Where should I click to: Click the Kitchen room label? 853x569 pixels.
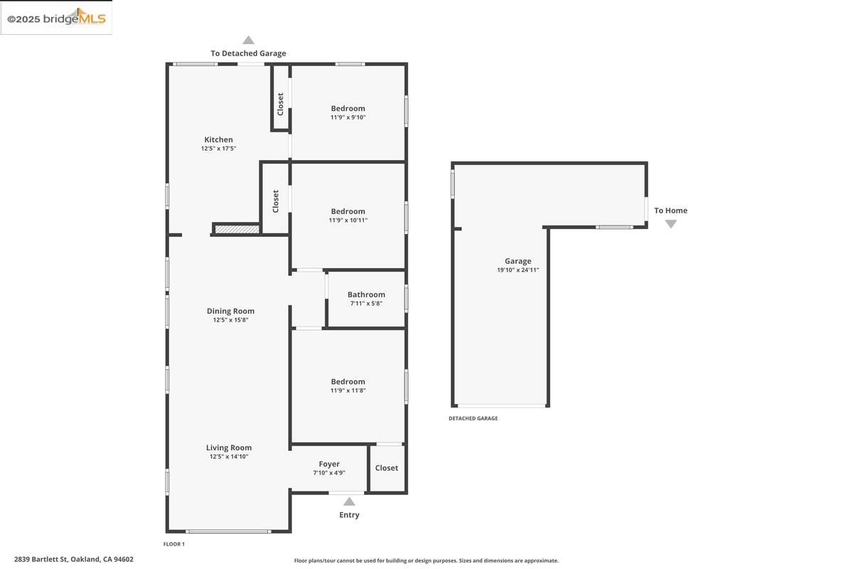pyautogui.click(x=218, y=139)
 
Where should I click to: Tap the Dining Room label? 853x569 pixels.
pyautogui.click(x=230, y=311)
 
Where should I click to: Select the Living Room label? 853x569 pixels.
pyautogui.click(x=229, y=447)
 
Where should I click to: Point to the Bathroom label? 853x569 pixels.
pyautogui.click(x=366, y=294)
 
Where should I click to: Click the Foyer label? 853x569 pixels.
pyautogui.click(x=329, y=464)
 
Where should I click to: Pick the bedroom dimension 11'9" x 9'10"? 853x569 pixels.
pyautogui.click(x=348, y=117)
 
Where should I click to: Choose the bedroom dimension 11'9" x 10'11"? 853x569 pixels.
pyautogui.click(x=348, y=220)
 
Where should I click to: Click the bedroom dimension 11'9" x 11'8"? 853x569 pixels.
pyautogui.click(x=348, y=390)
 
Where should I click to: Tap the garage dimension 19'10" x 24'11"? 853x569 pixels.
pyautogui.click(x=517, y=270)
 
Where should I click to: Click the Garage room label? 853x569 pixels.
pyautogui.click(x=517, y=261)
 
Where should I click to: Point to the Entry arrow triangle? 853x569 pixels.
pyautogui.click(x=349, y=501)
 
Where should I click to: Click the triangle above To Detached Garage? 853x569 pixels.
pyautogui.click(x=248, y=41)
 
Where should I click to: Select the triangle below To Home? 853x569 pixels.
pyautogui.click(x=670, y=224)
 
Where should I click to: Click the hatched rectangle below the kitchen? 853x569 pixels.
pyautogui.click(x=237, y=229)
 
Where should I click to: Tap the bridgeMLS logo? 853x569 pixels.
pyautogui.click(x=56, y=18)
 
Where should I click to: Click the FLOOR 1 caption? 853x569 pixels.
pyautogui.click(x=174, y=544)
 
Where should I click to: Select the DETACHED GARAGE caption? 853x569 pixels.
pyautogui.click(x=473, y=418)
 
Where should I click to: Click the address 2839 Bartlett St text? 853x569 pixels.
pyautogui.click(x=74, y=559)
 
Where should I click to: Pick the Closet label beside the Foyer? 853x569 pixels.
pyautogui.click(x=387, y=468)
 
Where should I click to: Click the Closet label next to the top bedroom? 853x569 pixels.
pyautogui.click(x=280, y=104)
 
